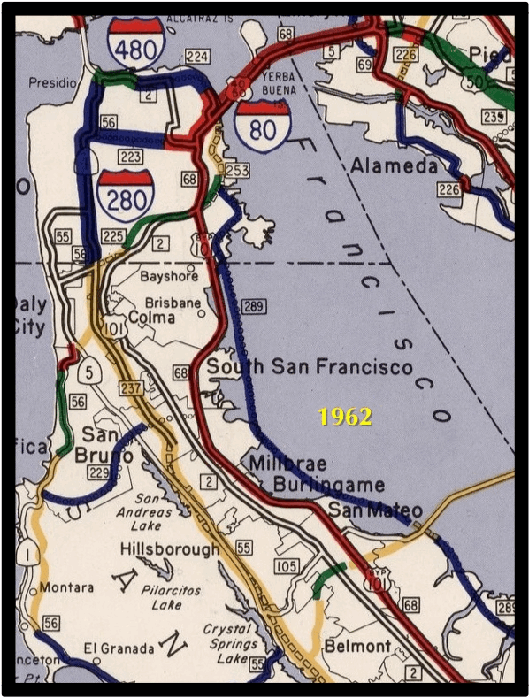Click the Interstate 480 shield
click(x=135, y=41)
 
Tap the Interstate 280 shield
click(x=125, y=196)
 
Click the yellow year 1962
click(x=346, y=417)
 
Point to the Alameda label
click(x=394, y=165)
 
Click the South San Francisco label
click(x=310, y=367)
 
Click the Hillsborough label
click(x=170, y=550)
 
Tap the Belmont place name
click(x=356, y=646)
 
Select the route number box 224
click(x=198, y=58)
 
